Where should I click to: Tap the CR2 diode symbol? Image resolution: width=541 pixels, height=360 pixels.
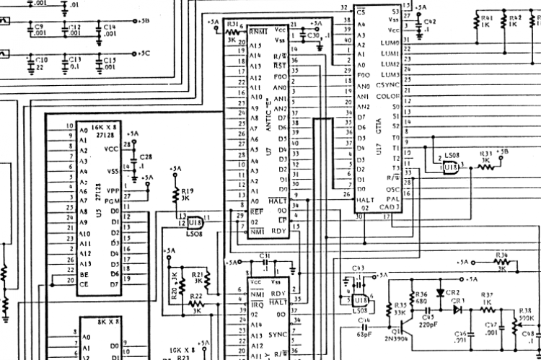pyautogui.click(x=441, y=291)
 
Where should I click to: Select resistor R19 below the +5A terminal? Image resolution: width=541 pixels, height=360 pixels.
pyautogui.click(x=175, y=195)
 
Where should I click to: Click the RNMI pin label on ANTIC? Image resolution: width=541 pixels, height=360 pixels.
pyautogui.click(x=257, y=32)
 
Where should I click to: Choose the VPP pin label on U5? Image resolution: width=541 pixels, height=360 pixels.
pyautogui.click(x=111, y=190)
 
